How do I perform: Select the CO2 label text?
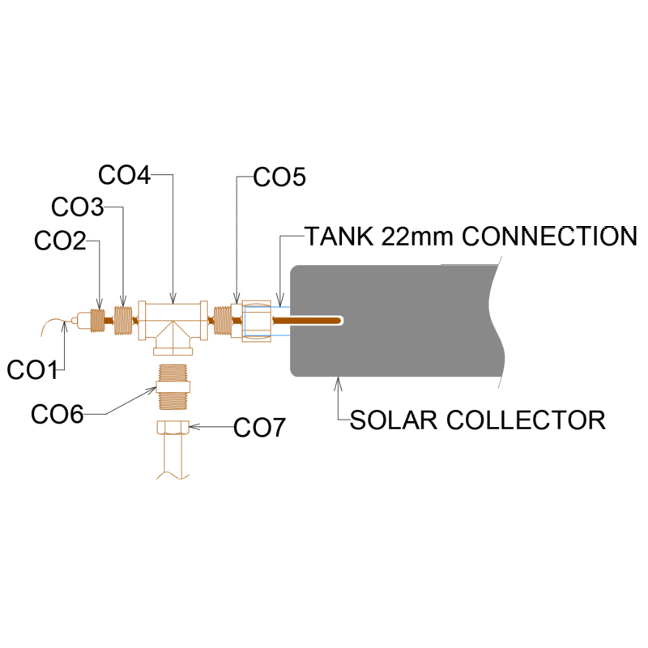click(61, 241)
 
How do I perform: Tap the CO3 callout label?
click(77, 207)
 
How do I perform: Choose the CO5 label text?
click(279, 177)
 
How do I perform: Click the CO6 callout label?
click(57, 415)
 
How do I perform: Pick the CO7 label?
click(259, 427)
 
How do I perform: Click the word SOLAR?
click(393, 420)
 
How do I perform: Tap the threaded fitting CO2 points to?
click(96, 320)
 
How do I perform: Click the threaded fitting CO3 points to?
click(122, 320)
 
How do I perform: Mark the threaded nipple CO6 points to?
click(173, 385)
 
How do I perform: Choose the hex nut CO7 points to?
click(173, 428)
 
